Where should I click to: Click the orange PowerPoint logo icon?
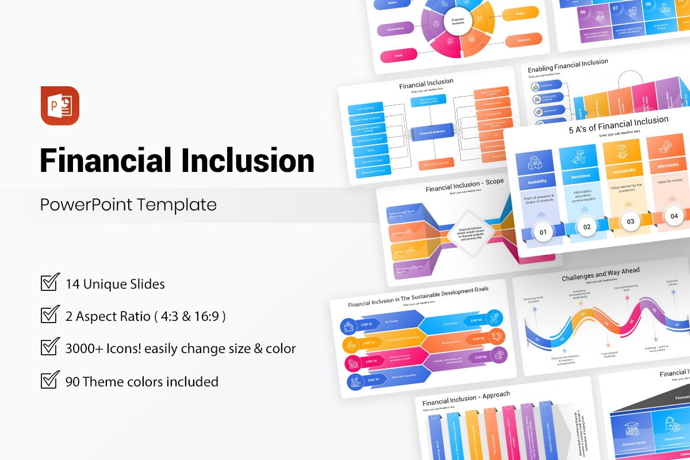pos(60,105)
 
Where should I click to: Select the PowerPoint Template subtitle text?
pos(128,205)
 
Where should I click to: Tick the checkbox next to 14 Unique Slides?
pos(50,283)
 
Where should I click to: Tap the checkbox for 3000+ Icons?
pos(50,348)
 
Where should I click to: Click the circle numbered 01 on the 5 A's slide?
pos(543,233)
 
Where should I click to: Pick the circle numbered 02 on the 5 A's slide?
pos(586,227)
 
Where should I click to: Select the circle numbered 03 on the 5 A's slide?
pos(630,221)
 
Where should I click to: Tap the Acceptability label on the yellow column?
pos(623,171)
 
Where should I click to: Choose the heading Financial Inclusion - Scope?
pos(464,185)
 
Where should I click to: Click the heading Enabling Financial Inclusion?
pos(568,66)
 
